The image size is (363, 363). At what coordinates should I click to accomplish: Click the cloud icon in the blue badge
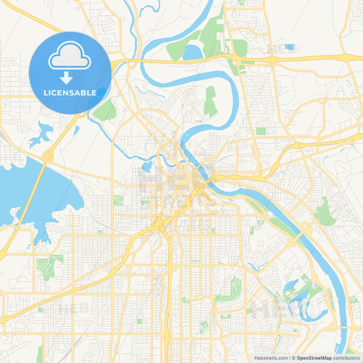click(x=70, y=56)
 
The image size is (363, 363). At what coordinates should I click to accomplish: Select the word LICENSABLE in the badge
click(x=70, y=93)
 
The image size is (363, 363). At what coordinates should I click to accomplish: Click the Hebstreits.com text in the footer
click(x=271, y=358)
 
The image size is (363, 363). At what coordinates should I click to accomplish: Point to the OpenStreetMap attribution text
click(x=314, y=358)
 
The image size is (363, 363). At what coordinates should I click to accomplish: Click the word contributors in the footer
click(x=346, y=358)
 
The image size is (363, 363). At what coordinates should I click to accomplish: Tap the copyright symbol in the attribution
click(x=294, y=358)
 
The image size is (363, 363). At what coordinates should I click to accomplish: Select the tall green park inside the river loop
click(x=210, y=102)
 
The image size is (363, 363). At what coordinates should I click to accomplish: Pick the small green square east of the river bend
click(x=261, y=131)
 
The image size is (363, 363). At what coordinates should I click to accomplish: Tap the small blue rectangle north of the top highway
click(x=290, y=47)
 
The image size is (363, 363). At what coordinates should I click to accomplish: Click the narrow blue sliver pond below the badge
click(x=76, y=130)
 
